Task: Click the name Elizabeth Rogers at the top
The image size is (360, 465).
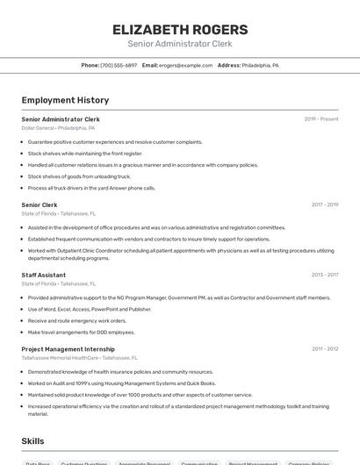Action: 180,29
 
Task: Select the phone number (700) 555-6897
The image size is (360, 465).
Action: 119,65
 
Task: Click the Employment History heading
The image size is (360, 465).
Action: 65,100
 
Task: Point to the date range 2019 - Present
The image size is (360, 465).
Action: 321,118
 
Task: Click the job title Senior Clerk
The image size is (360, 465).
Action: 40,204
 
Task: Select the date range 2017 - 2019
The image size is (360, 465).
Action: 325,204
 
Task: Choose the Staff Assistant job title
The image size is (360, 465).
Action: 44,275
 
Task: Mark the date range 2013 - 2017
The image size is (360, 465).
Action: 325,275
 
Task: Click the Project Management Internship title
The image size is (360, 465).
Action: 68,349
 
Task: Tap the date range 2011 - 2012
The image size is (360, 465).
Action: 325,349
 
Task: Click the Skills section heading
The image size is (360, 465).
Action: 33,441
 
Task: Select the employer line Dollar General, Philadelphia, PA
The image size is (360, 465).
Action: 58,128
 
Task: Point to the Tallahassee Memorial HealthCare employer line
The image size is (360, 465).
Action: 79,358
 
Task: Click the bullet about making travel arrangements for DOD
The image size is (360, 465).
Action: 82,333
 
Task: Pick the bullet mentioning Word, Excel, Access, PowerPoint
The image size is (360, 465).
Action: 90,309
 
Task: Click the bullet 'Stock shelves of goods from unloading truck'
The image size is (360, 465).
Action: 79,176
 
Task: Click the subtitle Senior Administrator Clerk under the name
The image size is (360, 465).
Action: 180,44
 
